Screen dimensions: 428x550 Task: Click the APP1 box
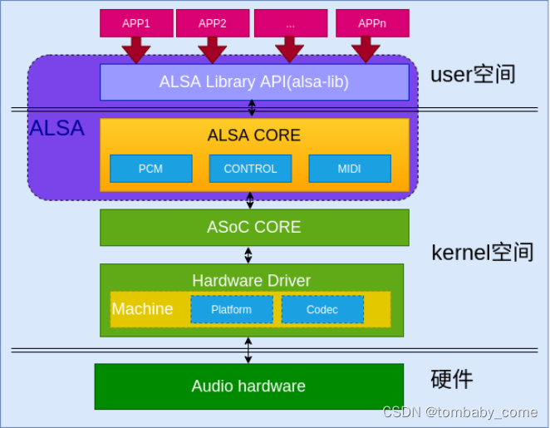(136, 23)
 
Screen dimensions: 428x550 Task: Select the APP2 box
(213, 23)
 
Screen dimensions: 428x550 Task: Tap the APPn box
(372, 23)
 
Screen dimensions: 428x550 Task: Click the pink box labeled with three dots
(290, 23)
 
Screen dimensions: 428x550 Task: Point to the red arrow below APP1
(136, 51)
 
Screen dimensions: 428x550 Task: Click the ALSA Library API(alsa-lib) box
(254, 82)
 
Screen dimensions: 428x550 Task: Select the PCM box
(150, 169)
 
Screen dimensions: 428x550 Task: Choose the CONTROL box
(250, 169)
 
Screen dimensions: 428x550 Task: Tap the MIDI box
(349, 169)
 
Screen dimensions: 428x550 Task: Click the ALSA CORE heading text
(254, 135)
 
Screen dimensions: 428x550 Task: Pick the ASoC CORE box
(254, 227)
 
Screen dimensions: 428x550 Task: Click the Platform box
(231, 309)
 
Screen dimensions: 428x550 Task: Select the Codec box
(322, 309)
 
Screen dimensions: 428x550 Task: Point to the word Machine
(143, 309)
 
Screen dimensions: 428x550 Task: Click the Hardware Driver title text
(251, 280)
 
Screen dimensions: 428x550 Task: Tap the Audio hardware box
(248, 386)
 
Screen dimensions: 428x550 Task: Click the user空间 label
(473, 75)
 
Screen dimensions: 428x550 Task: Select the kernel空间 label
(482, 253)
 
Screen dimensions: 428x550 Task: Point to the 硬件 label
(452, 380)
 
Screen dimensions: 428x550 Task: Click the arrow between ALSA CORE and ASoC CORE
(250, 200)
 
